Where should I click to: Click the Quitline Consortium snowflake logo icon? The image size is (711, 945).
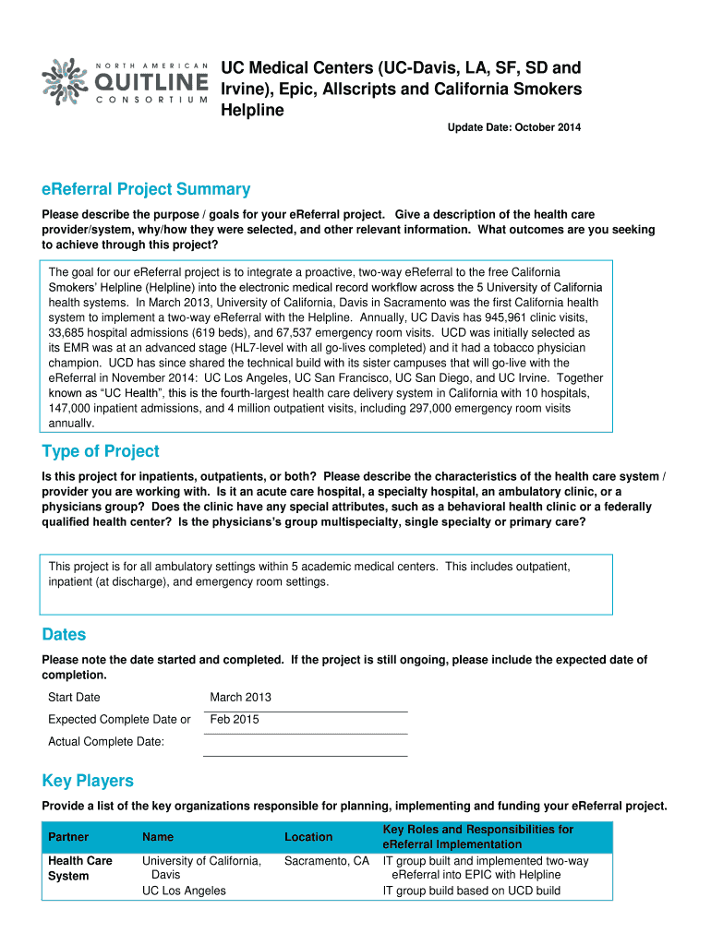click(x=66, y=82)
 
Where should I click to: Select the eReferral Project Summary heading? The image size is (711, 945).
click(x=146, y=189)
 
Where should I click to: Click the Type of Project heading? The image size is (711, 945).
click(x=101, y=451)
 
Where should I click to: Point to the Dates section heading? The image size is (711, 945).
click(x=64, y=635)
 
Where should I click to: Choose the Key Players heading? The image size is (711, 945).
click(x=88, y=781)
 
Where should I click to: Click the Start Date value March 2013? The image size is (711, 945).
click(x=240, y=698)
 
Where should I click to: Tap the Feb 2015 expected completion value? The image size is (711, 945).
click(x=235, y=720)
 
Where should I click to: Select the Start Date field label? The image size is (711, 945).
click(x=74, y=698)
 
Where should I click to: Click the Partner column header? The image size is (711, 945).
click(x=68, y=837)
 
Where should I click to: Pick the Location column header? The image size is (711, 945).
click(x=308, y=837)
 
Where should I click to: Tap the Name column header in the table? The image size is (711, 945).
click(x=158, y=837)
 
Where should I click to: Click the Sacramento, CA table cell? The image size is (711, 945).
click(x=327, y=861)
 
